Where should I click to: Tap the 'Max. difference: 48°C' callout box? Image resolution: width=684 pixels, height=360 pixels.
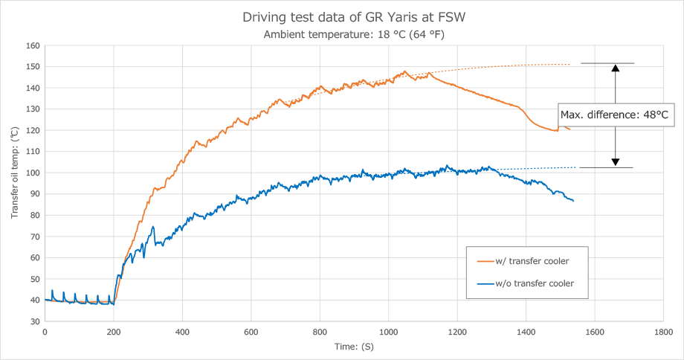tap(615, 115)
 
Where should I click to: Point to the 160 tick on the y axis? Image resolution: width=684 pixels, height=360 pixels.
tap(33, 45)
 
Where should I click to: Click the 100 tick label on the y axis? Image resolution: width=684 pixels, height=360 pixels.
tap(33, 173)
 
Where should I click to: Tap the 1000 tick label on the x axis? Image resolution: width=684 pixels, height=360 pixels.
tap(388, 332)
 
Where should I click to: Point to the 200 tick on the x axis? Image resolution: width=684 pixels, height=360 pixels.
tap(113, 332)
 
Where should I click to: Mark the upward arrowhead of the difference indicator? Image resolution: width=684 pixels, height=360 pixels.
tap(616, 68)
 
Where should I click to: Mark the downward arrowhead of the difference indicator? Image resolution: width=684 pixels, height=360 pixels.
tap(616, 162)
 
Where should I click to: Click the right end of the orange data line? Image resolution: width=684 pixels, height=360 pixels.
tap(570, 130)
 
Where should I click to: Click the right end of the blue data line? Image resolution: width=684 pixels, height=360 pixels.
tap(573, 201)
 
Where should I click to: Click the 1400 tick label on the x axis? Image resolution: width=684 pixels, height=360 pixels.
tap(526, 332)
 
